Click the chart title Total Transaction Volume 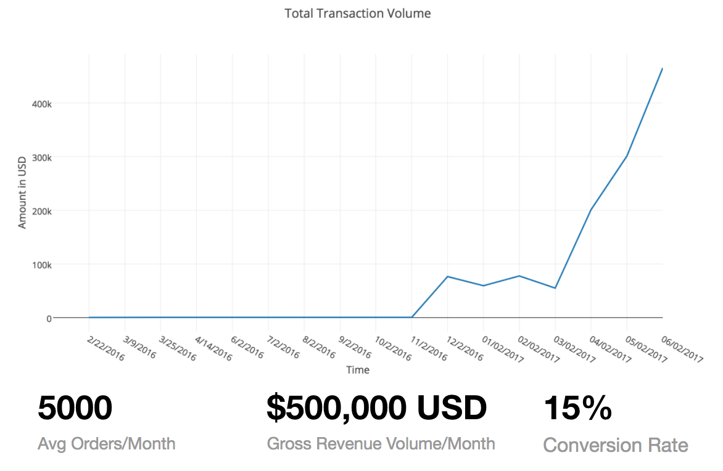click(x=357, y=14)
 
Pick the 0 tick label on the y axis click(x=48, y=318)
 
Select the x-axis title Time click(x=358, y=370)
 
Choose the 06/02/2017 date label click(x=682, y=349)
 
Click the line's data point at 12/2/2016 click(x=448, y=277)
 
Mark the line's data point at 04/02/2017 click(x=591, y=210)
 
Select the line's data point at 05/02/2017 click(x=627, y=156)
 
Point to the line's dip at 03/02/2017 click(x=555, y=288)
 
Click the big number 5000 click(x=75, y=408)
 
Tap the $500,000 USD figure click(x=376, y=408)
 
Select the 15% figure click(x=577, y=408)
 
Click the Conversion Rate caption click(x=615, y=445)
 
